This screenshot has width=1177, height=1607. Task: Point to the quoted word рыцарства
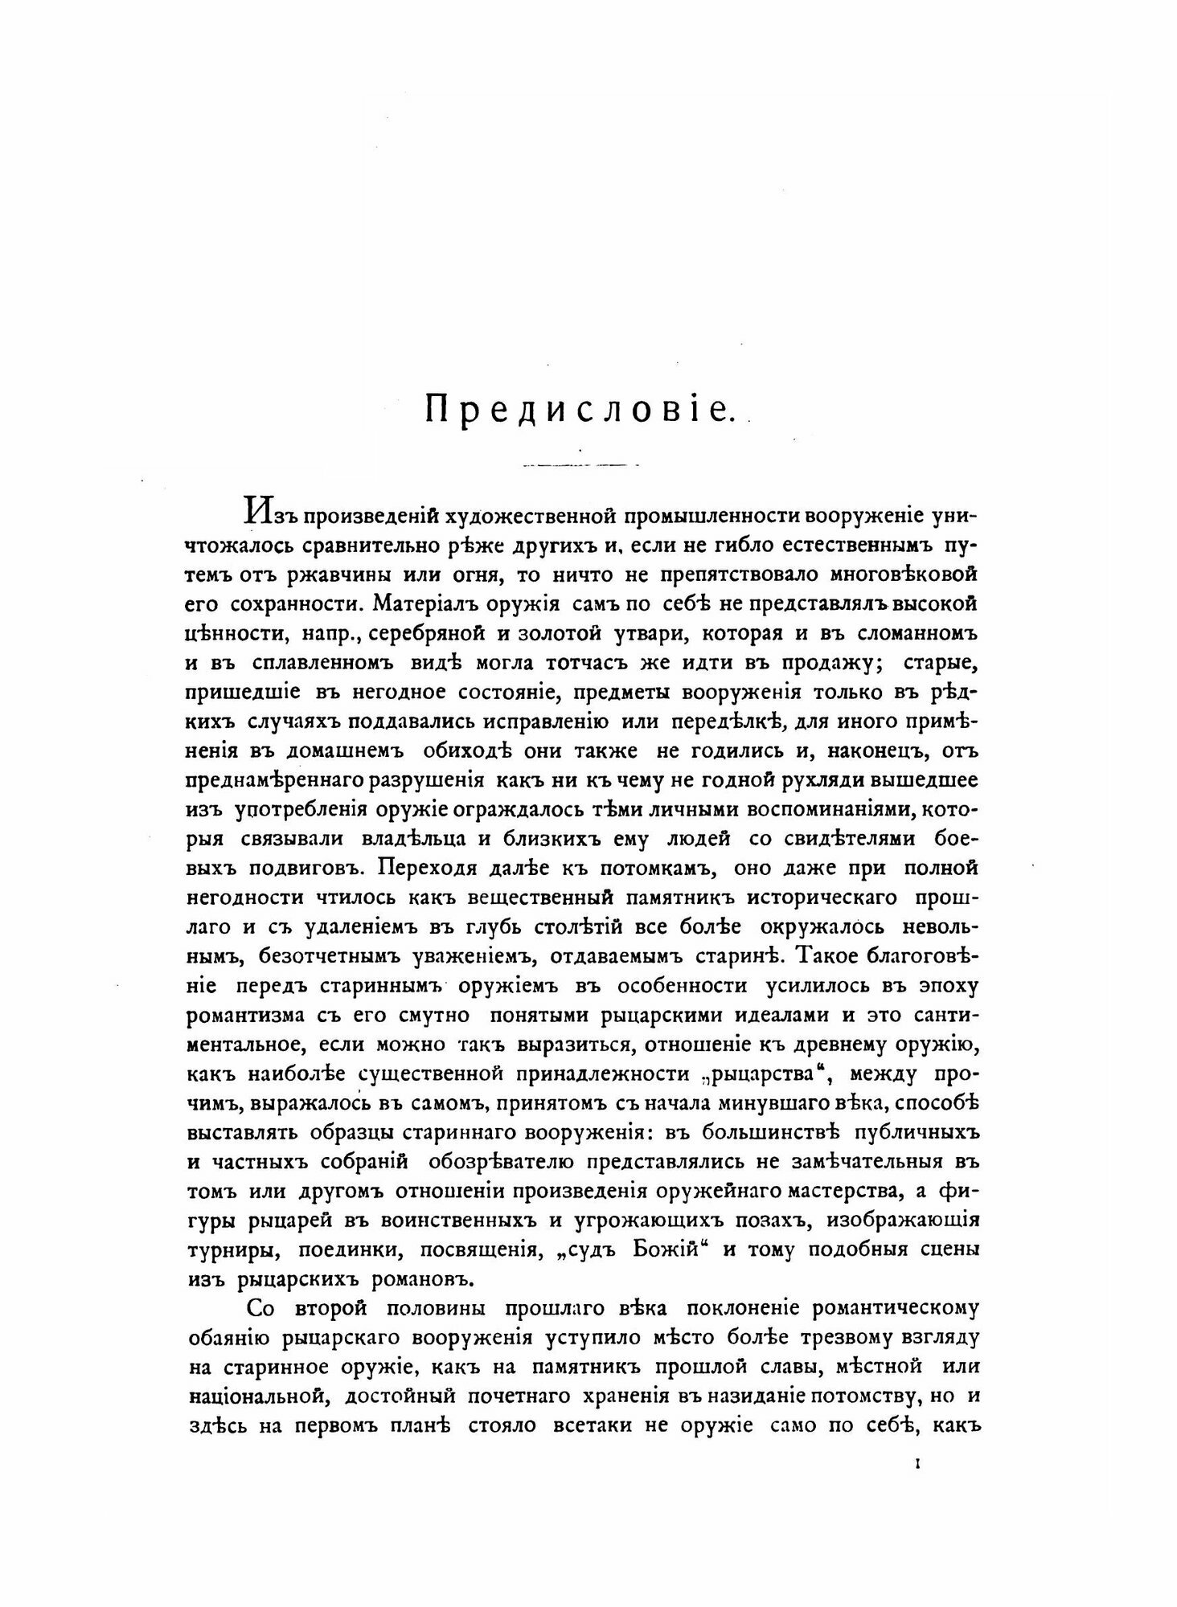click(795, 1074)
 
